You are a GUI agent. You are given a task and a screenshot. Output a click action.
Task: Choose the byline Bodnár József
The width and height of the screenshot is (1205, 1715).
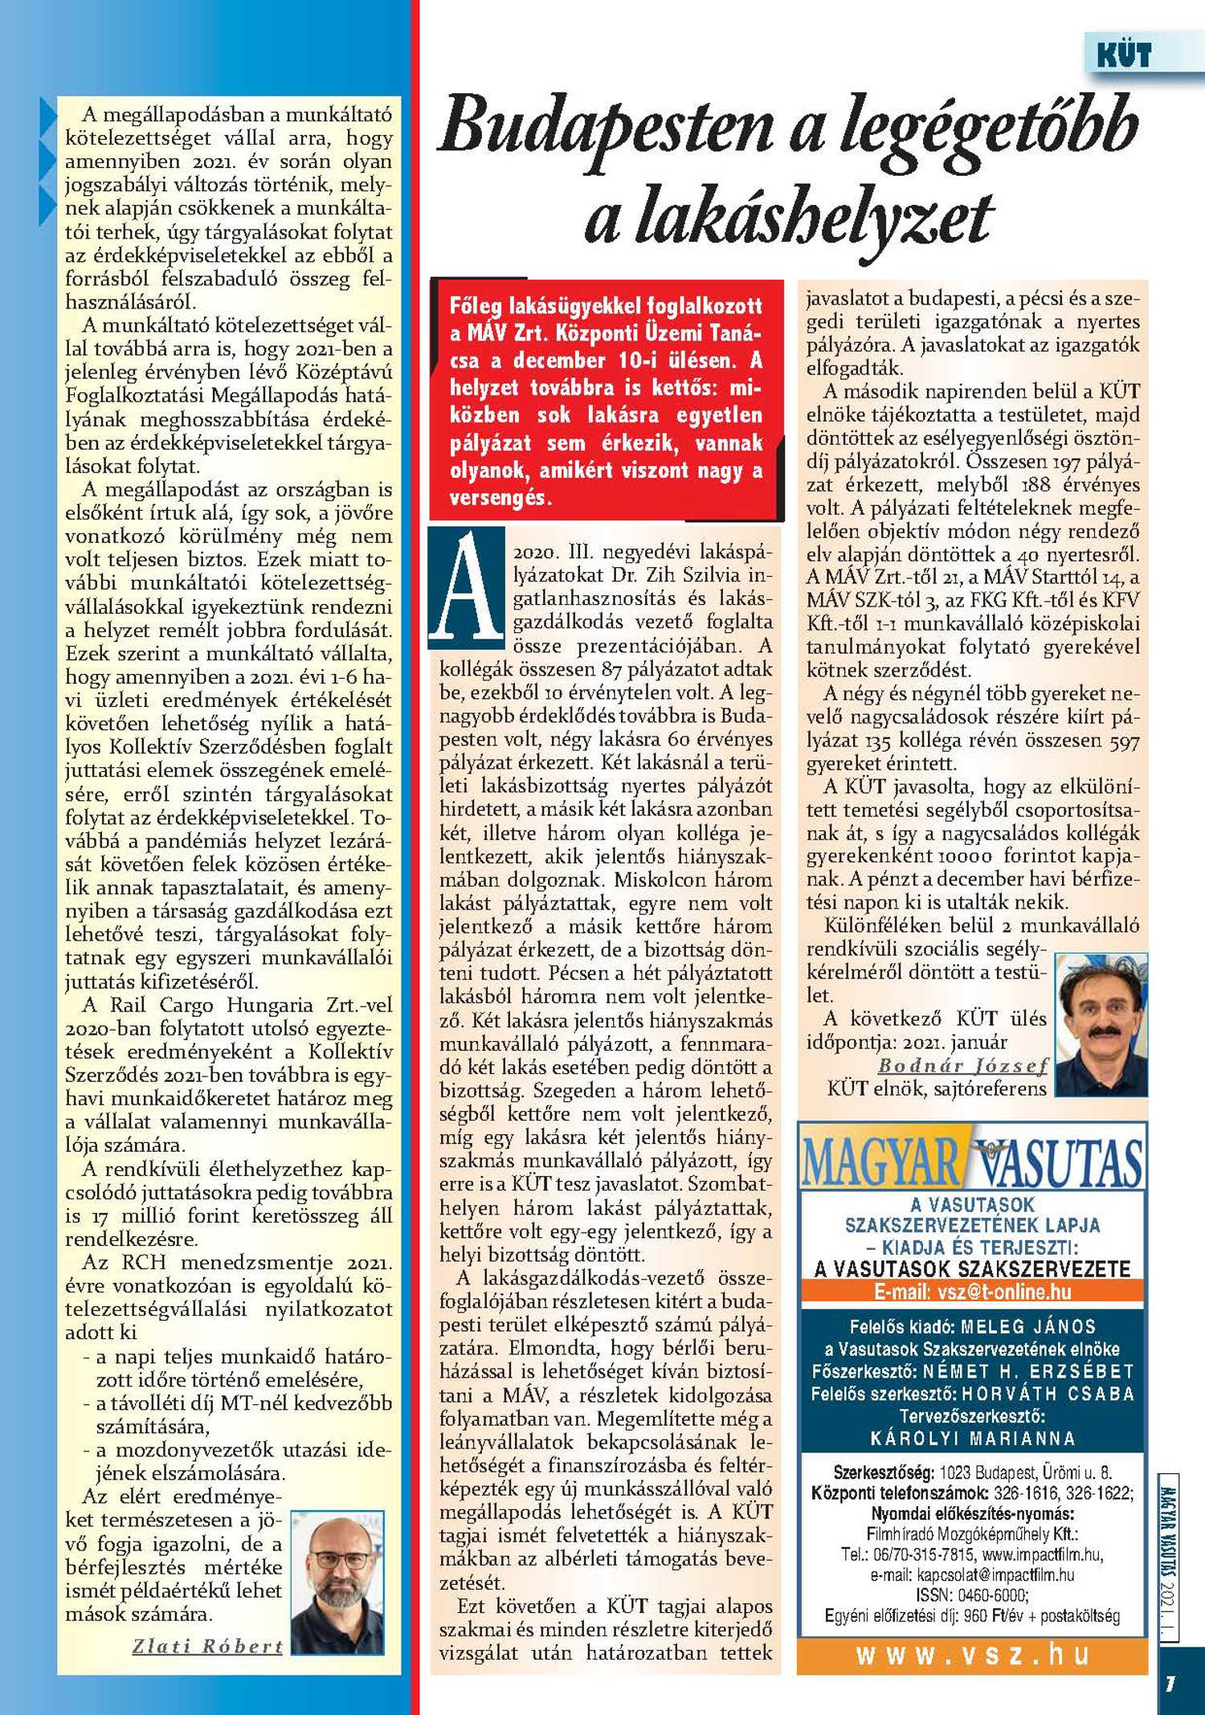click(x=962, y=1066)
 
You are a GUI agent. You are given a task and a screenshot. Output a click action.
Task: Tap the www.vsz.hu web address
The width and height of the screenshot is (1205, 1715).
click(x=972, y=1654)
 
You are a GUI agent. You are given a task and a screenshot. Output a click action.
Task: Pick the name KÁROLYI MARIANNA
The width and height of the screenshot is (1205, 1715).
click(x=972, y=1438)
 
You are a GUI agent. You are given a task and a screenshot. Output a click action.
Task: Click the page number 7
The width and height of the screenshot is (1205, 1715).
click(x=1171, y=1683)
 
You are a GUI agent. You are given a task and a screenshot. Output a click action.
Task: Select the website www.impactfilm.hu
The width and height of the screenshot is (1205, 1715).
click(x=1042, y=1555)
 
